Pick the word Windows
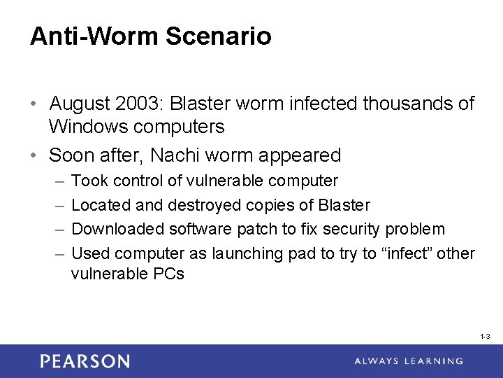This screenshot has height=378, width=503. click(88, 127)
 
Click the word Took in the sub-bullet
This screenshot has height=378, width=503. click(90, 181)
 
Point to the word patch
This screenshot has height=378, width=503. click(256, 229)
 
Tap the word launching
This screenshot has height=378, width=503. click(234, 253)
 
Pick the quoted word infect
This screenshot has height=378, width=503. click(406, 253)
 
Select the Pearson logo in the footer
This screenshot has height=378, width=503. click(85, 361)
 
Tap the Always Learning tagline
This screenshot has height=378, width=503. click(408, 361)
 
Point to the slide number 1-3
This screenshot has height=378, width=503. click(485, 337)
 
